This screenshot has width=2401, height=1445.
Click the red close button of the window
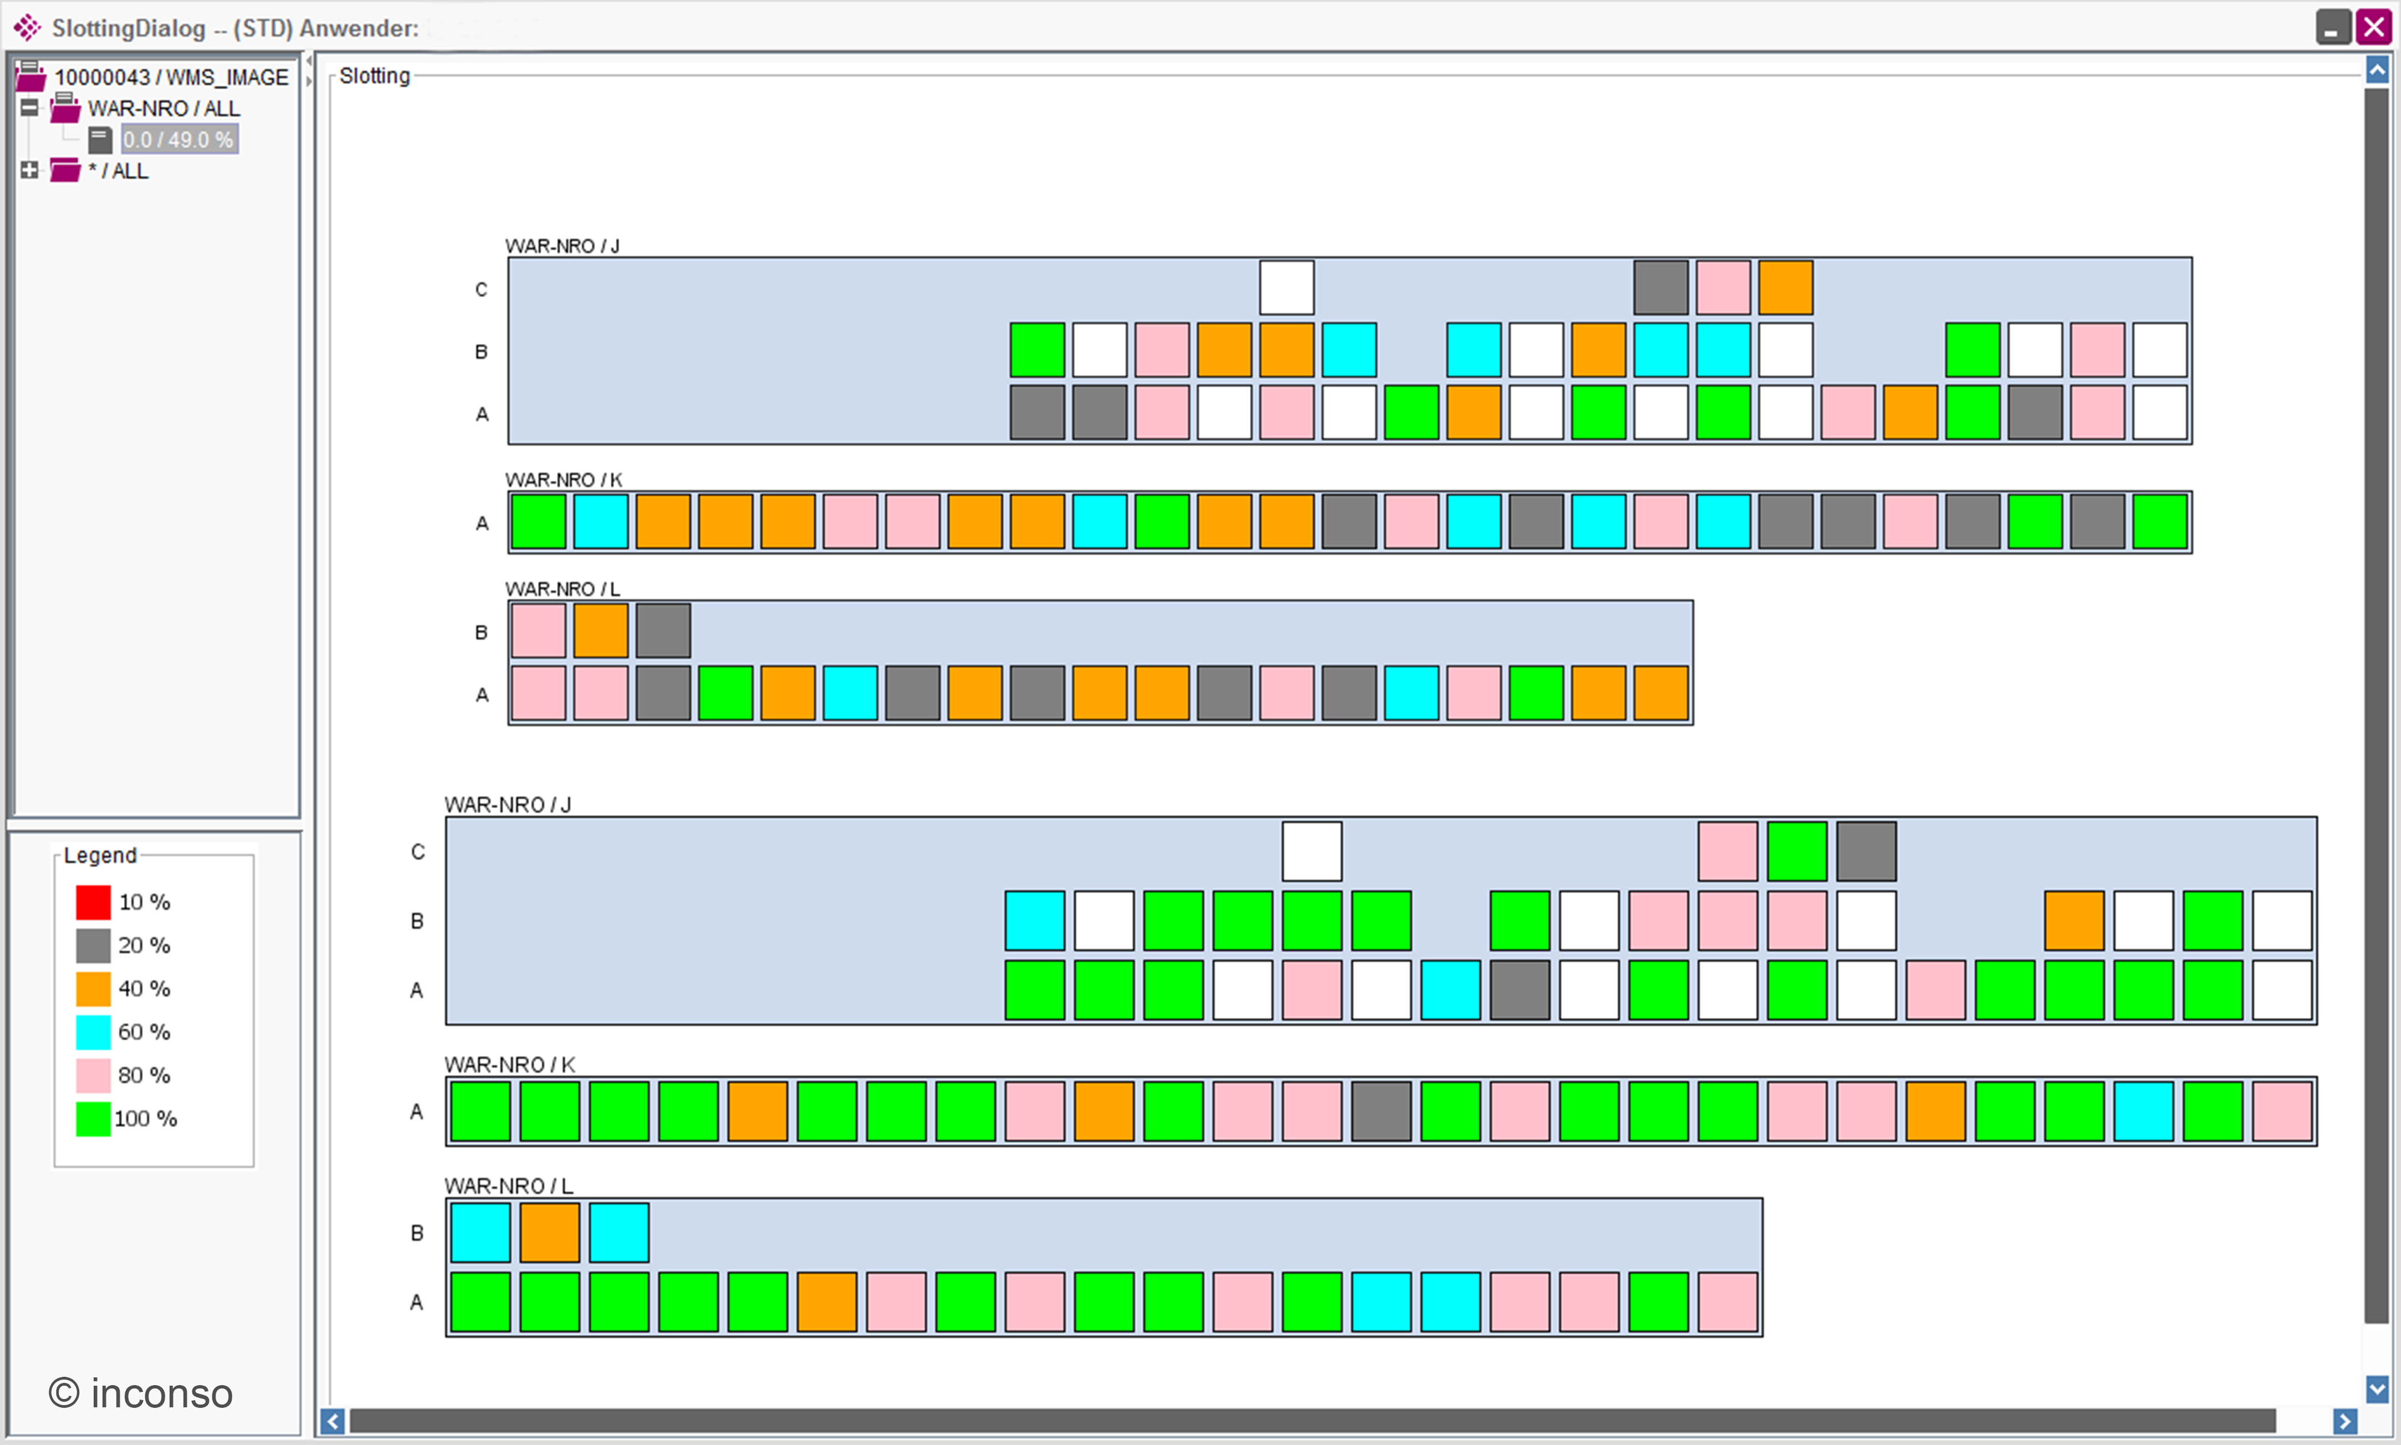[2374, 27]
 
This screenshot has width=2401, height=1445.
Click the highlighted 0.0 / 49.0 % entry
[179, 139]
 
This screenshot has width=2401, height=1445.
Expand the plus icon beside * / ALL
[30, 170]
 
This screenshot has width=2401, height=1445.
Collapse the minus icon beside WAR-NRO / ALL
[30, 107]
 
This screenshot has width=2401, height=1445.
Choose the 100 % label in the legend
[146, 1119]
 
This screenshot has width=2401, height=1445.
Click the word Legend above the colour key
[100, 855]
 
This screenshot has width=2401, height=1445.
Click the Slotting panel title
[375, 76]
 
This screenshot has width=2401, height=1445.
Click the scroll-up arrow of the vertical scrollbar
[2377, 69]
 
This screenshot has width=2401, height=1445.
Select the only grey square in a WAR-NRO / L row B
[663, 631]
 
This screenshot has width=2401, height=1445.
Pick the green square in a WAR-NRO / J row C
[1796, 851]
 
